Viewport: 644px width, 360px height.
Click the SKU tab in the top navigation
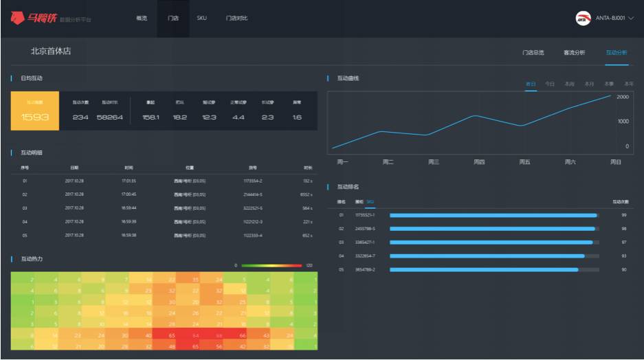[201, 18]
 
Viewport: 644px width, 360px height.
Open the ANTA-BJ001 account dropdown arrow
[631, 19]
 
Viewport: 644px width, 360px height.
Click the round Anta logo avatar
[583, 19]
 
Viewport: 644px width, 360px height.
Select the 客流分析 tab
[574, 52]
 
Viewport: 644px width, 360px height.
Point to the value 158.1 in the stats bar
[151, 117]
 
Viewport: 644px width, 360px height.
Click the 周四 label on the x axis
[479, 162]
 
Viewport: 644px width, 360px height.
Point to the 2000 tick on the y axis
[622, 98]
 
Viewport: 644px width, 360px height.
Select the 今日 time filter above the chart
[550, 84]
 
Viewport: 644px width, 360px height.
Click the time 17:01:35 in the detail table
[129, 181]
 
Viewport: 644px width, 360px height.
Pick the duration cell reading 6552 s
[307, 194]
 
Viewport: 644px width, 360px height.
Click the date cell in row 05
[74, 235]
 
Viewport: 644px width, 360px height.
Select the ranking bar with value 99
[493, 215]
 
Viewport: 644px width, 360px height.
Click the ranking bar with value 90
[485, 269]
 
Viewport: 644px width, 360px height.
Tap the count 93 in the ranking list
[623, 256]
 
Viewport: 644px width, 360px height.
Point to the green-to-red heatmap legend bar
[271, 265]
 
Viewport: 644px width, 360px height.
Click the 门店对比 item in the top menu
[236, 18]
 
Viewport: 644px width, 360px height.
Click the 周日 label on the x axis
[615, 162]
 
